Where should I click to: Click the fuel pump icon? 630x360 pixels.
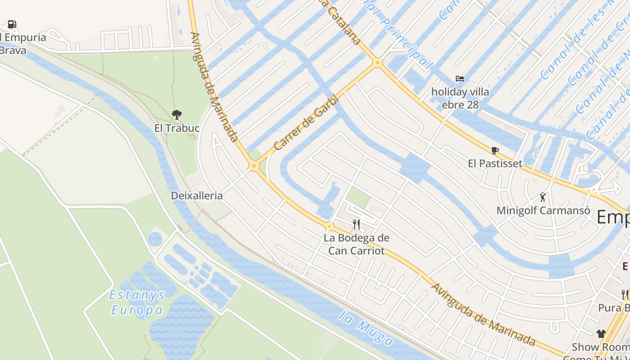pos(12,24)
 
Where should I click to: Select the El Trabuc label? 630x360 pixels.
pos(177,128)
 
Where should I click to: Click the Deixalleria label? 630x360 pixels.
pos(197,196)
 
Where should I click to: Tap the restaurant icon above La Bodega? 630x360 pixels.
pos(356,224)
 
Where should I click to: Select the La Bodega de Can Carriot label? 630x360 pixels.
pos(356,244)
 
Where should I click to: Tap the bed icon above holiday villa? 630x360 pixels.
pos(459,79)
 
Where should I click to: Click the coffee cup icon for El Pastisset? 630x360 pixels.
pos(495,150)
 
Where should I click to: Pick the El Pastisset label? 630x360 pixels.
pos(495,163)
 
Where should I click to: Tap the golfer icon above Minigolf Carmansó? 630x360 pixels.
pos(543,197)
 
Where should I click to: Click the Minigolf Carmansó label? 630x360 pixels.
pos(543,211)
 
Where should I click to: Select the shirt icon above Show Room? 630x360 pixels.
pos(601,334)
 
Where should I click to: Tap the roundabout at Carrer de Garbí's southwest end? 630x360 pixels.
pos(254,166)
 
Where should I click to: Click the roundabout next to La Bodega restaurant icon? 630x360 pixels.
pos(329,226)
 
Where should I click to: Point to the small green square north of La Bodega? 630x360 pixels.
pos(358,197)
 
